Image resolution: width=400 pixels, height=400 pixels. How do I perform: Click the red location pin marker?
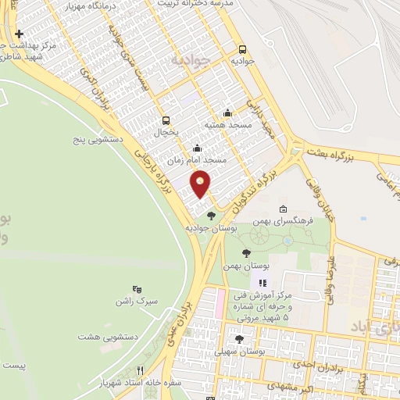pyautogui.click(x=201, y=184)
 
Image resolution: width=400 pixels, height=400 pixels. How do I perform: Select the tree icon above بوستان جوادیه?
pyautogui.click(x=210, y=216)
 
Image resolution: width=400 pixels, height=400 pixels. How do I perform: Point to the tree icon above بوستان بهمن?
pyautogui.click(x=247, y=253)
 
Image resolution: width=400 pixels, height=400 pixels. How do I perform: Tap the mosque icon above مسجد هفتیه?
pyautogui.click(x=227, y=112)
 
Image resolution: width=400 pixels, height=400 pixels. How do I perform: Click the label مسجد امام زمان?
pyautogui.click(x=198, y=159)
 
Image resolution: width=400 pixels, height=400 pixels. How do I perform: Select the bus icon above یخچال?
pyautogui.click(x=166, y=120)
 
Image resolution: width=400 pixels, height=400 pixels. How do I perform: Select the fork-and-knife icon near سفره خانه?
pyautogui.click(x=141, y=370)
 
